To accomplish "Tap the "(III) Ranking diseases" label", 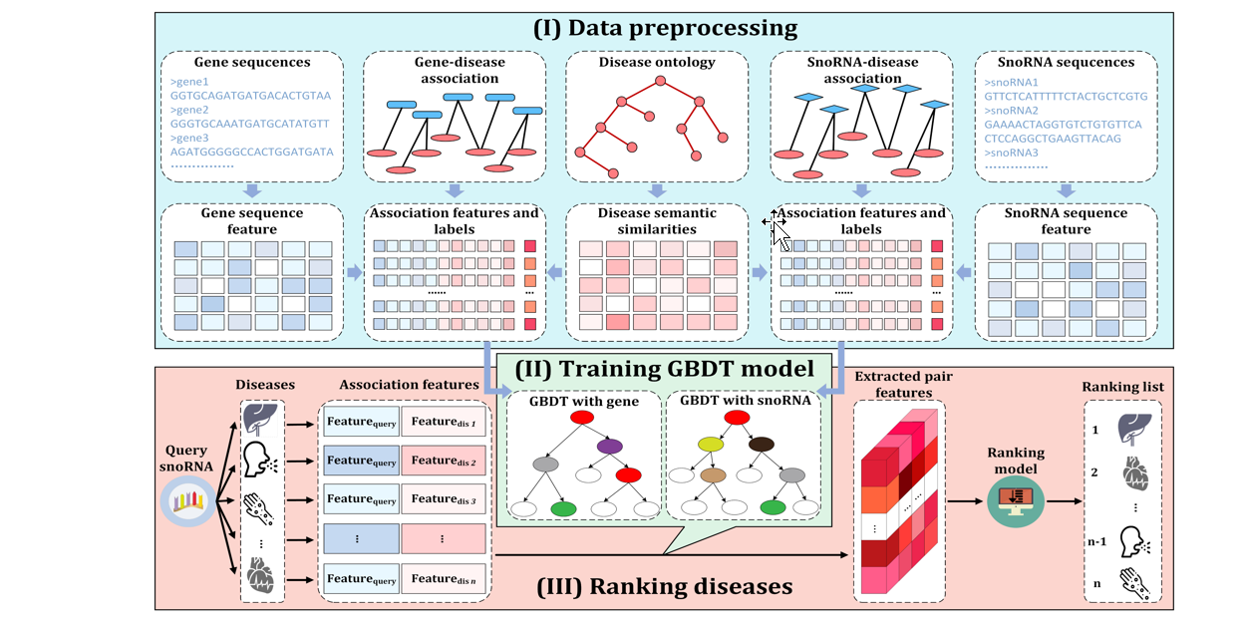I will (x=664, y=586).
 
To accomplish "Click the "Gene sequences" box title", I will (x=252, y=63).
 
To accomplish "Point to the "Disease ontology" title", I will (x=656, y=63).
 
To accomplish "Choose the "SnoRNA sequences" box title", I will (x=1066, y=63).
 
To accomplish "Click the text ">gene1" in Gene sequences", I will (x=187, y=82).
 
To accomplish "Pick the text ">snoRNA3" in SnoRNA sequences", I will (x=1010, y=153).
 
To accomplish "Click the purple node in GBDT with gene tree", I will (x=611, y=446).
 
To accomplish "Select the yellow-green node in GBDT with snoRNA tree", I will (x=711, y=445).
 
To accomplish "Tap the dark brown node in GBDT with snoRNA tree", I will (x=762, y=445).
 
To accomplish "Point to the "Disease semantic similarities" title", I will (x=656, y=220).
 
